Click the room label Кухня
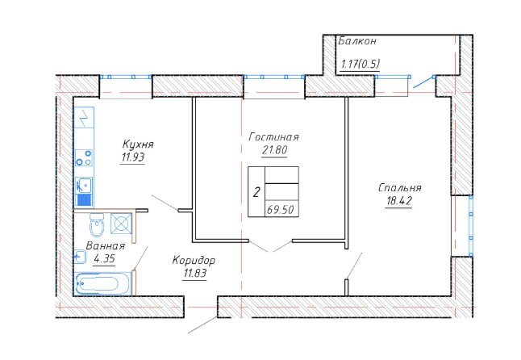click(138, 144)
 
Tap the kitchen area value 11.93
click(133, 157)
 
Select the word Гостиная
click(273, 137)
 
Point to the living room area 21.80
click(274, 150)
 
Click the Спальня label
click(400, 188)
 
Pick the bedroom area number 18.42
click(399, 201)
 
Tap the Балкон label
click(357, 41)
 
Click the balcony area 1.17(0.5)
click(361, 64)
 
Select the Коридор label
click(194, 260)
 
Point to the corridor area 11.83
click(194, 274)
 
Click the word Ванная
click(106, 246)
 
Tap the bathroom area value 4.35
click(105, 258)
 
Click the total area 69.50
click(280, 210)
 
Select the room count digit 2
click(256, 192)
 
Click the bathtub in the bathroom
click(103, 284)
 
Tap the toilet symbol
click(97, 224)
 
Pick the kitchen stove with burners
click(84, 158)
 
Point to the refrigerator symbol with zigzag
click(84, 117)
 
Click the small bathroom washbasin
click(80, 257)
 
